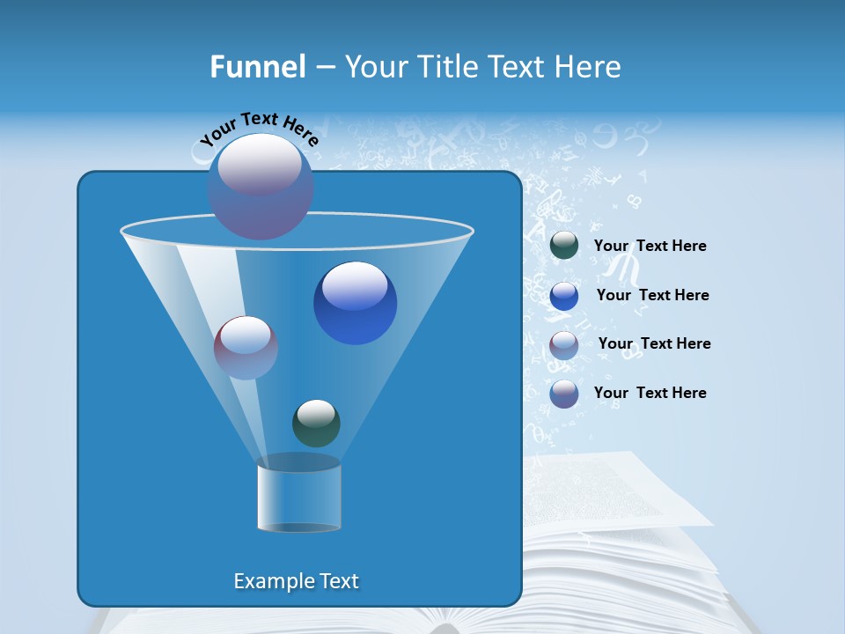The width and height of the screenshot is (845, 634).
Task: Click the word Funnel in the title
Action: (x=257, y=67)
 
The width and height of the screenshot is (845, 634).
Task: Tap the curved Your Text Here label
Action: (x=259, y=128)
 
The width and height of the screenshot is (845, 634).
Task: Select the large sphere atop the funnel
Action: (x=260, y=186)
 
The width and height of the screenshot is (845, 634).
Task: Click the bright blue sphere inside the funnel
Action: (x=355, y=303)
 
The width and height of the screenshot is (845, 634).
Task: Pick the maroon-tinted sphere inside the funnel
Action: (x=246, y=347)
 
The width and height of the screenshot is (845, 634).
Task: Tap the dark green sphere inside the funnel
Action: (x=316, y=423)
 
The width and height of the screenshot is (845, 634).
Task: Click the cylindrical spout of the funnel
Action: (x=298, y=498)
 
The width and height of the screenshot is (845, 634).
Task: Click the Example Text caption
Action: (x=296, y=581)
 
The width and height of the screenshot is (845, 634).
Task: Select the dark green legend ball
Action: (x=564, y=246)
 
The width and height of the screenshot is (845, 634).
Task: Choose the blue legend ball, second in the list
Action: (x=564, y=296)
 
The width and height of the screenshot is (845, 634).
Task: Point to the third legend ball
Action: (x=564, y=344)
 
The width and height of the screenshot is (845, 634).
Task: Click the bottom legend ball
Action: (x=564, y=394)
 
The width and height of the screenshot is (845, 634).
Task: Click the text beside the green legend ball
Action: (x=650, y=247)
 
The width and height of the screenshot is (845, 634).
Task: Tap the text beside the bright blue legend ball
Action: (x=652, y=295)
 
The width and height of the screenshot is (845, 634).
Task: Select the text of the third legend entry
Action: (x=654, y=343)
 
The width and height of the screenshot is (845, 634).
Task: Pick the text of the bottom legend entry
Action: (x=650, y=393)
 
